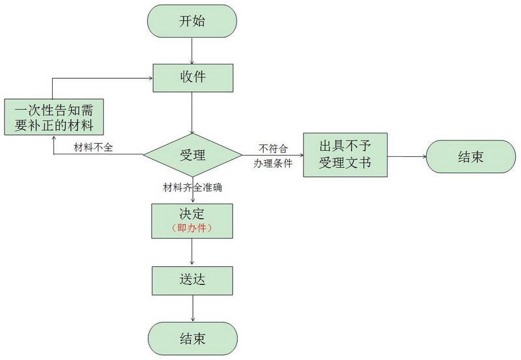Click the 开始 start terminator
pos(192,21)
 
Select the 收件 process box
pos(193,78)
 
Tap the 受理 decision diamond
pos(193,155)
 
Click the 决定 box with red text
pos(192,221)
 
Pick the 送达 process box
pos(192,281)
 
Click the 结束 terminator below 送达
pos(193,339)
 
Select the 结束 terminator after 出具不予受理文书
pos(471,156)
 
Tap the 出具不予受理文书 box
pos(345,155)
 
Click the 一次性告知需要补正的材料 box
pos(54,117)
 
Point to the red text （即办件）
pos(192,228)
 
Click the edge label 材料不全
pos(93,147)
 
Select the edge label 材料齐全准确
pos(192,187)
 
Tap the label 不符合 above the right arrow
pos(273,148)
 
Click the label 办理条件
pos(273,163)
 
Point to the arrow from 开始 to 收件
pos(192,51)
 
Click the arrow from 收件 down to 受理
pos(192,113)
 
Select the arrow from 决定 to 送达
pos(192,251)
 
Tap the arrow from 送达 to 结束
pos(193,308)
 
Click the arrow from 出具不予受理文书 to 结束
pos(406,156)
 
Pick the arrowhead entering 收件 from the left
pos(151,78)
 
